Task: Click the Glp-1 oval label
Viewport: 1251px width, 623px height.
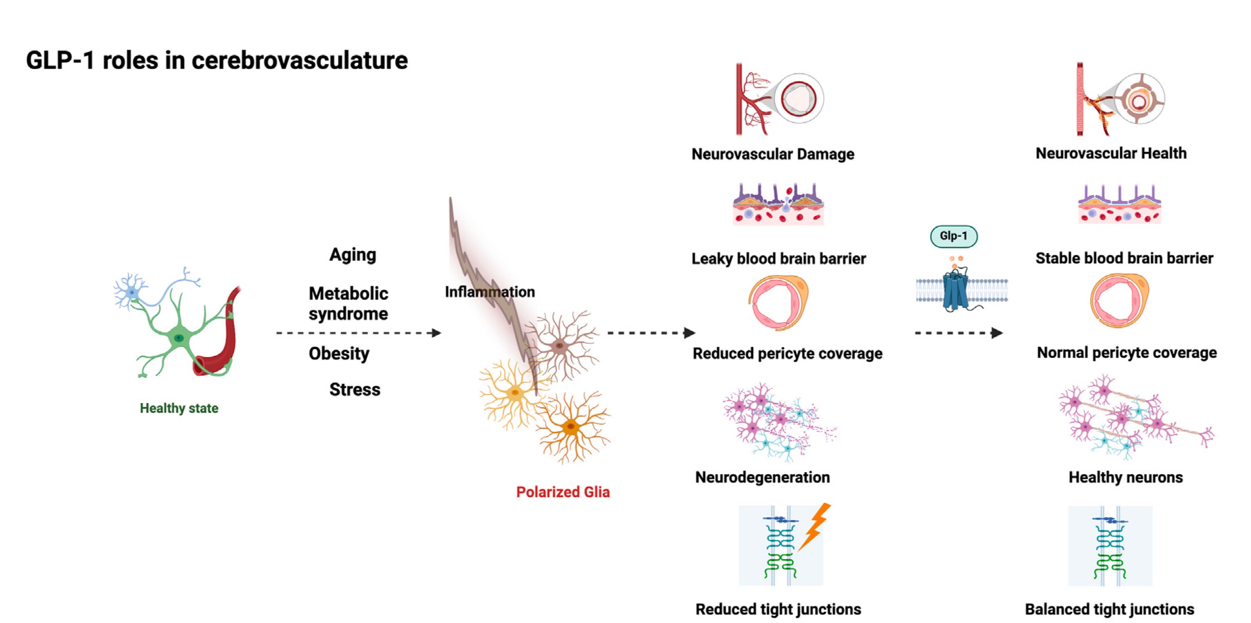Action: [x=953, y=236]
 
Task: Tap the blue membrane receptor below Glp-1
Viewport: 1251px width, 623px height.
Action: [x=955, y=291]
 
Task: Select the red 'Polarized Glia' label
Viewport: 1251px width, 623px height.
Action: [x=562, y=492]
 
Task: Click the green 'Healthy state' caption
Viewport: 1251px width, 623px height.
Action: [x=179, y=408]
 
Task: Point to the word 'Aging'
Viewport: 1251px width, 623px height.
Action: [x=353, y=255]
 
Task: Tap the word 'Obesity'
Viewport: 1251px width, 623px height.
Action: [x=339, y=353]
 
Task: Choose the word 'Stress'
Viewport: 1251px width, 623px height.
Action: [x=355, y=389]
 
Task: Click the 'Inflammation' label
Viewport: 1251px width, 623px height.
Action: [x=489, y=292]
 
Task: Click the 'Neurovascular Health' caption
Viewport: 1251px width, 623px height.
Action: [x=1111, y=153]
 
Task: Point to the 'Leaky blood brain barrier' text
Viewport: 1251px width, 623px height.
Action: [x=778, y=259]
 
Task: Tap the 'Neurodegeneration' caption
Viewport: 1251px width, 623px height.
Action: [x=762, y=477]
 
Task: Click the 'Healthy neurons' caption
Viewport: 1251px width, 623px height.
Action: [x=1125, y=477]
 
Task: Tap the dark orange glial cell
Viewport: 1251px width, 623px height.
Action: [x=571, y=427]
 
